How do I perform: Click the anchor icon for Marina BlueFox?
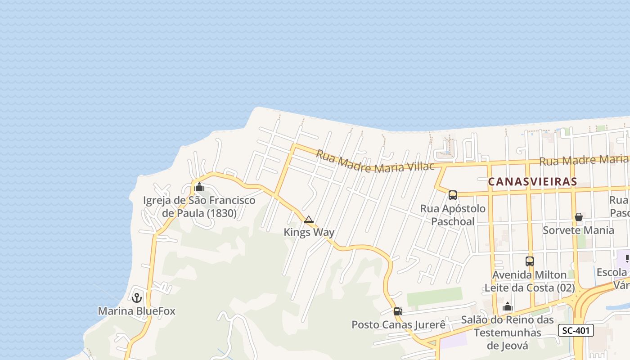136,298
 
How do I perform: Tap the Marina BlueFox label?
136,311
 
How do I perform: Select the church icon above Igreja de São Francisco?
199,187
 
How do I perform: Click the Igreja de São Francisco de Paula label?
199,207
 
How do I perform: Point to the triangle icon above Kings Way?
309,220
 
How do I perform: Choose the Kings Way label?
309,232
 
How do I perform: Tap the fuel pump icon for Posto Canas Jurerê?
398,311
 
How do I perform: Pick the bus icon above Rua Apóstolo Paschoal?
453,195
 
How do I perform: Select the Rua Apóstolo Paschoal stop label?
453,215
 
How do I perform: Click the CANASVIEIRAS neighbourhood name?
532,182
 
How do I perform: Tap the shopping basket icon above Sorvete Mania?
578,217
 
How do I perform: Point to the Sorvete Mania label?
578,230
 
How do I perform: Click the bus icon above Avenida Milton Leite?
530,261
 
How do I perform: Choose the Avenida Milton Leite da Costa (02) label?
530,281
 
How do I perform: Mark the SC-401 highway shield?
576,330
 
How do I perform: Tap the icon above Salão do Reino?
508,307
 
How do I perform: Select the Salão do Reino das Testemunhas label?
508,333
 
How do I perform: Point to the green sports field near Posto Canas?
434,297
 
